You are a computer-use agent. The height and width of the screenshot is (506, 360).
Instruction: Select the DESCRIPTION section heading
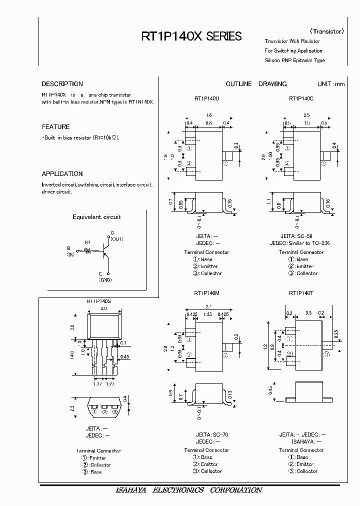click(62, 84)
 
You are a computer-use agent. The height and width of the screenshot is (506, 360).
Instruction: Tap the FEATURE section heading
click(55, 127)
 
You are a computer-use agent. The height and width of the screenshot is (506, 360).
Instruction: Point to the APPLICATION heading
click(62, 174)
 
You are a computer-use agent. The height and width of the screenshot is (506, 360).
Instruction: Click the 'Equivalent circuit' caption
click(96, 217)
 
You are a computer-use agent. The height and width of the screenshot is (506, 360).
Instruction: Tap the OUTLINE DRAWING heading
click(256, 84)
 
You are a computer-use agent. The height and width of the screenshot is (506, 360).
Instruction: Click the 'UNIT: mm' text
click(331, 84)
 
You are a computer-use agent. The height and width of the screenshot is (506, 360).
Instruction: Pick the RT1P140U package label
click(207, 99)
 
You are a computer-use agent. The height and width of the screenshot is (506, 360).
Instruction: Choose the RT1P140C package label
click(301, 99)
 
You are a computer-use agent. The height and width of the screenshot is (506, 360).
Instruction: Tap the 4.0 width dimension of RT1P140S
click(104, 309)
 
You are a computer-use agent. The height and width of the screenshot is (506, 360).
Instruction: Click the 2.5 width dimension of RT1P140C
click(306, 115)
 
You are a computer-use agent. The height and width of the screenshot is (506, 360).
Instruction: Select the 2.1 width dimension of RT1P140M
click(208, 307)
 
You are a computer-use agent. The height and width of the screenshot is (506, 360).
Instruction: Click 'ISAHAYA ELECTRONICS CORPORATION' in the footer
click(186, 490)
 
